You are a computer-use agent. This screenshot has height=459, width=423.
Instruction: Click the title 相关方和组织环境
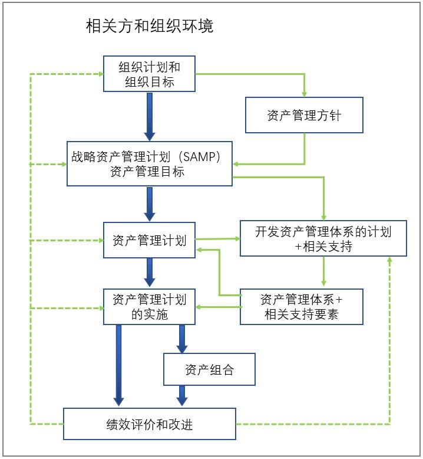149,27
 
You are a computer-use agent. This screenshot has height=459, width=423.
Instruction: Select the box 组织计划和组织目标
149,74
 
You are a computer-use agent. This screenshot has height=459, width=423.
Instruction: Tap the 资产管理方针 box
304,115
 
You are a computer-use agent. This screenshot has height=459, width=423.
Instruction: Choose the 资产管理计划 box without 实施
149,240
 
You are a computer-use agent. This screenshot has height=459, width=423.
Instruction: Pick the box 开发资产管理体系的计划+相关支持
323,239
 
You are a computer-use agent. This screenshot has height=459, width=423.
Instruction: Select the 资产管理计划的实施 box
149,307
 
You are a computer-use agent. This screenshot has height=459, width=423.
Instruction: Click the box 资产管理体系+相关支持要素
301,307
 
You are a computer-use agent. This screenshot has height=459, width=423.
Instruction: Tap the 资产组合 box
209,370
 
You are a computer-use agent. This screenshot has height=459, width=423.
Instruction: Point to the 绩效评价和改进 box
149,424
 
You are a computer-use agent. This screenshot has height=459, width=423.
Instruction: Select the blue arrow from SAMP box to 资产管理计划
149,204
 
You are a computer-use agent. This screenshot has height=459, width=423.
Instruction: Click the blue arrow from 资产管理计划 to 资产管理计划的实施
149,273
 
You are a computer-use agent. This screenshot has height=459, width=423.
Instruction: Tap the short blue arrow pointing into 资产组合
182,339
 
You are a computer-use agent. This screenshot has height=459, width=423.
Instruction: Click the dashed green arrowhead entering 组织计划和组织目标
100,74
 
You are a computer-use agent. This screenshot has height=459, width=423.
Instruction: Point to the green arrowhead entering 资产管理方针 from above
304,94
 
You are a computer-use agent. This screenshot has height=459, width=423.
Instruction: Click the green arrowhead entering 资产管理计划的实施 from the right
199,307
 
